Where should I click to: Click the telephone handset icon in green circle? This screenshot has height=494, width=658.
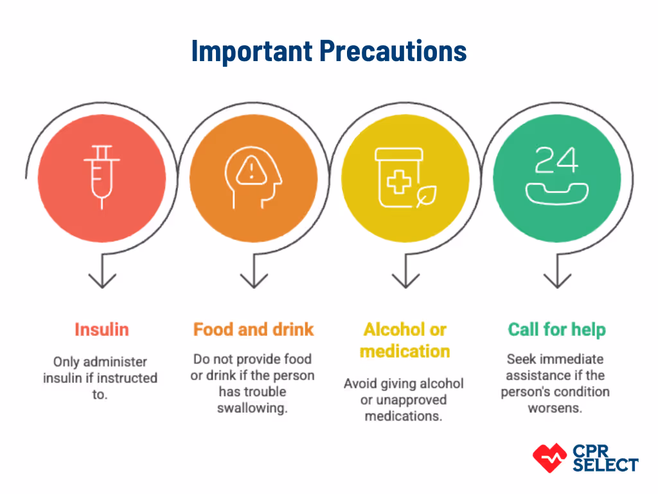click(x=556, y=191)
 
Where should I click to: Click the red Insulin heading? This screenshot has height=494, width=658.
click(x=102, y=329)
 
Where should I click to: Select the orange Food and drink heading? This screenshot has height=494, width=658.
click(x=253, y=329)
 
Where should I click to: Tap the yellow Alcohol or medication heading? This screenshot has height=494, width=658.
click(x=405, y=340)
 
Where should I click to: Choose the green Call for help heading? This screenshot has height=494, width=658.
click(x=556, y=330)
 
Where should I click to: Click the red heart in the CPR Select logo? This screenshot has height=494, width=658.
click(x=549, y=457)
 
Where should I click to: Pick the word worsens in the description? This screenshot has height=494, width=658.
click(x=555, y=408)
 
